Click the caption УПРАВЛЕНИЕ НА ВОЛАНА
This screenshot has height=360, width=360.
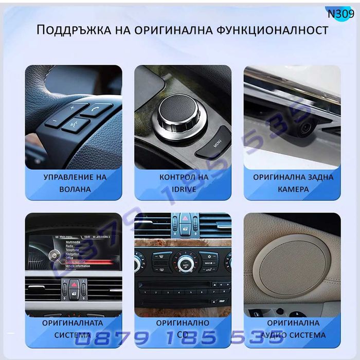pos(75,183)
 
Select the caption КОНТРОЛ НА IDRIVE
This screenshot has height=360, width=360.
pos(183,183)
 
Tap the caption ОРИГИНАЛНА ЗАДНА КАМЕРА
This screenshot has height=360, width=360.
pos(293,183)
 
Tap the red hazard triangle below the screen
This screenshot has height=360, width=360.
pos(74,285)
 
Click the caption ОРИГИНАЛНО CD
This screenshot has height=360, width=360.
pos(183,329)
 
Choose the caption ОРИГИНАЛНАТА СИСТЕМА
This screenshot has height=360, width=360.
pos(73,329)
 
